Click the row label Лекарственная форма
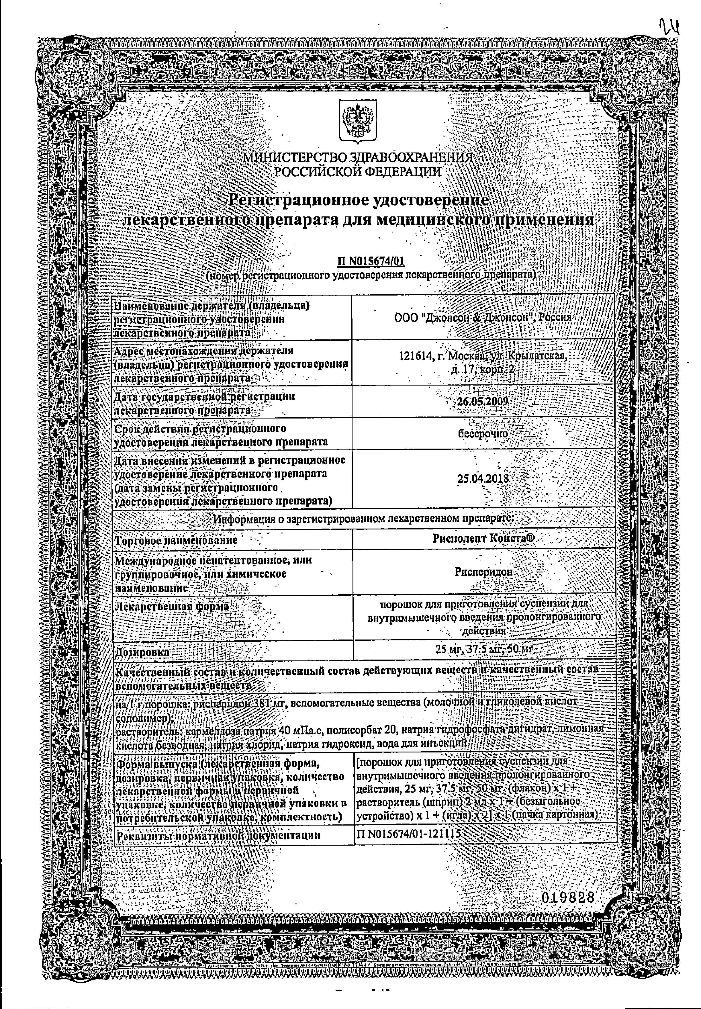[x=172, y=607]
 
